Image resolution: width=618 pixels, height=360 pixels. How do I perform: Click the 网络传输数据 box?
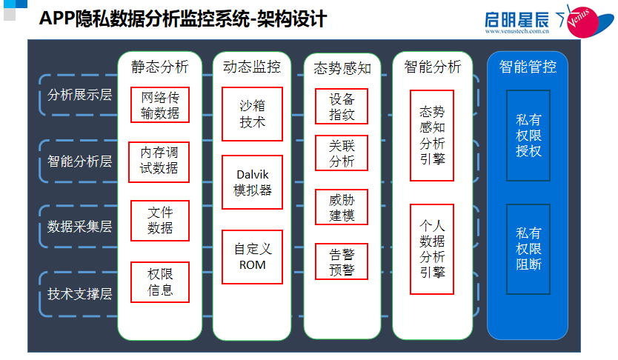click(159, 105)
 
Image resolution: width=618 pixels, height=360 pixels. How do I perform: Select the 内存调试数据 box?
click(159, 160)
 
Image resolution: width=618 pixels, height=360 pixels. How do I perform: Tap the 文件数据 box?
click(160, 220)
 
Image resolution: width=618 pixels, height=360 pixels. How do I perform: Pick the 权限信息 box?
click(160, 281)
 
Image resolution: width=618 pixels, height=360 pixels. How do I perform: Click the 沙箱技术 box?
click(252, 113)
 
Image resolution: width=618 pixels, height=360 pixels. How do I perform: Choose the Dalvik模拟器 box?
click(252, 182)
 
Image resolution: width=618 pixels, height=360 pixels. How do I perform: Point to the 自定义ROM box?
click(252, 256)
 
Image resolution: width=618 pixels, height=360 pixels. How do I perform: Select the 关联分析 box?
click(342, 153)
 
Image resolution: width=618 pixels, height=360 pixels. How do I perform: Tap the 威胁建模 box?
click(342, 207)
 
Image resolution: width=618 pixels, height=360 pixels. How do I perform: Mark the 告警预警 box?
click(342, 261)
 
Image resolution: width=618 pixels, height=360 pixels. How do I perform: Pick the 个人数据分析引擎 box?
click(432, 249)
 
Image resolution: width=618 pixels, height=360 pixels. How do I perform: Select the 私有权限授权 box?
click(528, 136)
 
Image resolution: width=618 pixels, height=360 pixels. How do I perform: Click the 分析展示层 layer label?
click(79, 95)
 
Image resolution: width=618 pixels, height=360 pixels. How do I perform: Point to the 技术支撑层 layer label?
click(79, 293)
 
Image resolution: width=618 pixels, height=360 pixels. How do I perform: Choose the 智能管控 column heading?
click(528, 67)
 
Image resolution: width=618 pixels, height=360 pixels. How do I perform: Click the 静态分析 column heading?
click(159, 67)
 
